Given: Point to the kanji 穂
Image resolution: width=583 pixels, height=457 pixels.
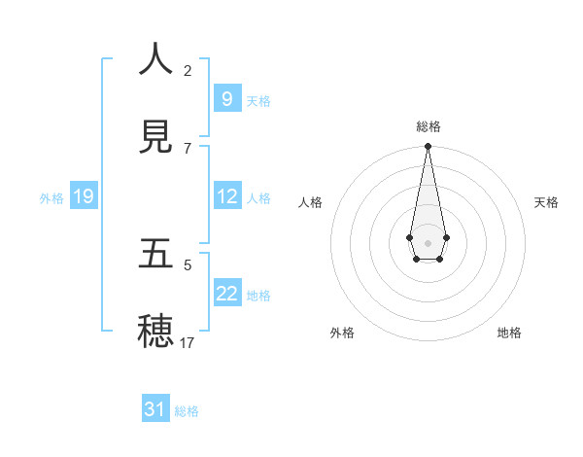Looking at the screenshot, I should click(155, 332).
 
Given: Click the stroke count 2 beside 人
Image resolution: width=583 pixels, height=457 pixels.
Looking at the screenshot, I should click(188, 70).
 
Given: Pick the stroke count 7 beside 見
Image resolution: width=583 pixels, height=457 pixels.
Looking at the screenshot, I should click(188, 148).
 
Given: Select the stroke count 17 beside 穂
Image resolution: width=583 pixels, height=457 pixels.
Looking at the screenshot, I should click(188, 342).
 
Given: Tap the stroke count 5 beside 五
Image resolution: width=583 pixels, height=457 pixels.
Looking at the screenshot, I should click(188, 264).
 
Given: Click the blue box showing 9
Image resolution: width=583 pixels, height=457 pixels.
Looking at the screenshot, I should click(226, 98).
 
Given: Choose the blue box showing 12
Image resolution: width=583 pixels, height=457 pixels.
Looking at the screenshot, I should click(226, 195).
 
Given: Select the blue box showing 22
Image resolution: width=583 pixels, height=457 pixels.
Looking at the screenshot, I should click(226, 293).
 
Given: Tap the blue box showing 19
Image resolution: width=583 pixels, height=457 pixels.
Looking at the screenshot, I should click(83, 196).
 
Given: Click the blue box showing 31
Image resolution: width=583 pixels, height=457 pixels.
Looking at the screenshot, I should click(155, 409).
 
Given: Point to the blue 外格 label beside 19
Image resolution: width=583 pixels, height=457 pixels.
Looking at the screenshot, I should click(51, 198).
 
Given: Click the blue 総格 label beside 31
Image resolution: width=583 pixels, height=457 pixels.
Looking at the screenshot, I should click(187, 411).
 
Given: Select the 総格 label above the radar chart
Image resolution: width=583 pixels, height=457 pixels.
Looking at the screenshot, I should click(428, 126).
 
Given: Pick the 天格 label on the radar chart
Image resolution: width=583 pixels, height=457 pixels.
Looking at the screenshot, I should click(546, 202).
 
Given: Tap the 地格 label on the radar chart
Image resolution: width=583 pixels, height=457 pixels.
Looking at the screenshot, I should click(509, 333).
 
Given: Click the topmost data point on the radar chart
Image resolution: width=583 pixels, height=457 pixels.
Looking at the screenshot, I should click(428, 146).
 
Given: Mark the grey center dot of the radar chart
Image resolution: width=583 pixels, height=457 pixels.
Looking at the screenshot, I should click(428, 241).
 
